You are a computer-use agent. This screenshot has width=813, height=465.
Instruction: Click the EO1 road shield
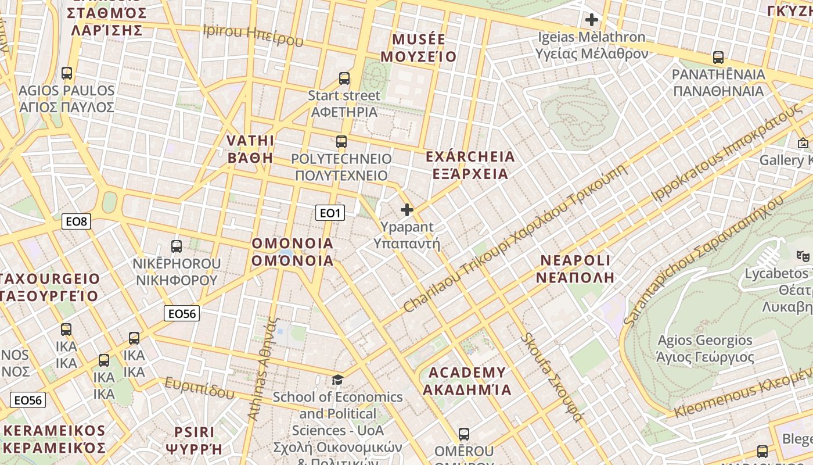coord(330,213)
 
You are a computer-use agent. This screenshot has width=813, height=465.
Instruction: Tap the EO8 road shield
coord(76,221)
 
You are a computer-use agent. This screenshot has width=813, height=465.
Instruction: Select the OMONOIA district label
coord(293,252)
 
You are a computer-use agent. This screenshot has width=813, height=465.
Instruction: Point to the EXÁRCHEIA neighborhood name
coord(470,165)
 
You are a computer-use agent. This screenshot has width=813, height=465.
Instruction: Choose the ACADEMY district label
coord(467,381)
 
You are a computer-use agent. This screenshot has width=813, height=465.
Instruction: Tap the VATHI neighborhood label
coord(250,149)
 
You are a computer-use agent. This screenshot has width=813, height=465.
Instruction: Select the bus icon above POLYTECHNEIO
coord(341,141)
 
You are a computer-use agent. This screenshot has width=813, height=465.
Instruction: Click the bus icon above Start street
coord(344,78)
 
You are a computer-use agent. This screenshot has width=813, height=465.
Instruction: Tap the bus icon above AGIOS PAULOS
coord(67,73)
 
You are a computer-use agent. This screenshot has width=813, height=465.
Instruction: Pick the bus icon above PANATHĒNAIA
coord(718,58)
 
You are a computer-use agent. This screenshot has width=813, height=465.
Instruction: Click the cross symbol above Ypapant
coord(407,210)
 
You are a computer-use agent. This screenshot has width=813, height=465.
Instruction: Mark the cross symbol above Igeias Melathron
coord(592,20)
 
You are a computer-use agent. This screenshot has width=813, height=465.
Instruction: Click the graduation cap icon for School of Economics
coord(337,380)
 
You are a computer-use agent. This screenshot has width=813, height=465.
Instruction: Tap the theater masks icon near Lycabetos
coord(803,255)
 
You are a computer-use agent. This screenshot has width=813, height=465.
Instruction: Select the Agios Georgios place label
coord(705,348)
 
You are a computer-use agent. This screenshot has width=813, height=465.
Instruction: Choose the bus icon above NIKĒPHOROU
coord(177,246)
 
